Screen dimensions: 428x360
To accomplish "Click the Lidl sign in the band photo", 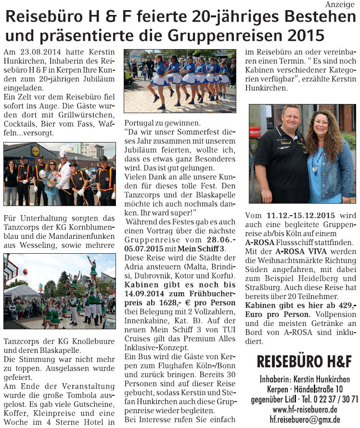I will point(35,151).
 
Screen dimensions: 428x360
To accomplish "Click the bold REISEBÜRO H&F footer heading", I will point(304,362).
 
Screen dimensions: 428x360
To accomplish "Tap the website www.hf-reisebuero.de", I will point(305,409).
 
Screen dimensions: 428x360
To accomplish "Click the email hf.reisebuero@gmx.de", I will point(305,420).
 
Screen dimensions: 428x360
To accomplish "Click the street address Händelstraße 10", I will point(319,389).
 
